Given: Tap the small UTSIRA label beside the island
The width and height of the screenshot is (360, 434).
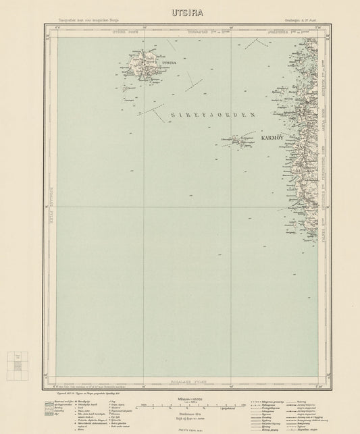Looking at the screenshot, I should click(x=170, y=63).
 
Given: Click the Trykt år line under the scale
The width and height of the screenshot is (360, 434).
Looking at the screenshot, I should click(x=179, y=429).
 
